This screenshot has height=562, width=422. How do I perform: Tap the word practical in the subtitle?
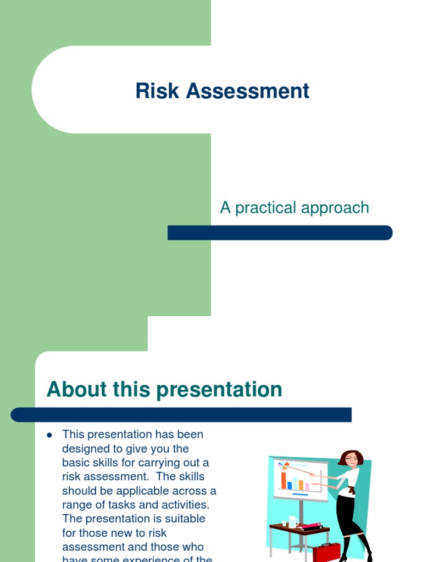coord(267,208)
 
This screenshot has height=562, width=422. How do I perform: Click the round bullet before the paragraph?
coord(49,435)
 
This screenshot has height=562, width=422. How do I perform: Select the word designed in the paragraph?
coord(86,449)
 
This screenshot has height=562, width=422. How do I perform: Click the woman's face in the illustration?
coord(351,460)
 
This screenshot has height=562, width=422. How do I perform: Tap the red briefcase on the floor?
coord(326,552)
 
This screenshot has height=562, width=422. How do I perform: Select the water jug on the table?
coord(292,521)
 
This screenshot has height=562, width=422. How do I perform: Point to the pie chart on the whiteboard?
coord(285,465)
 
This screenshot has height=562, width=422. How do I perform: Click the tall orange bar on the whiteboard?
coord(284,480)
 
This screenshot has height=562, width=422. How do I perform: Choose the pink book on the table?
coord(309,525)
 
